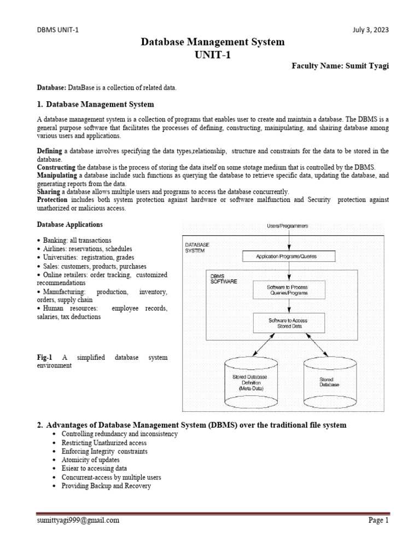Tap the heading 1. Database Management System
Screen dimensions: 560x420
95,104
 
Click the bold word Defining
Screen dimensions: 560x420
50,150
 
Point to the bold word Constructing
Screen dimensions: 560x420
56,166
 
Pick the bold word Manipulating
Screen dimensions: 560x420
57,175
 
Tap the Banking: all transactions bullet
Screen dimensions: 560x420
77,240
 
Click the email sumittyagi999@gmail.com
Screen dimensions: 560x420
77,521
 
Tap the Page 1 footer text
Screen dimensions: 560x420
378,521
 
